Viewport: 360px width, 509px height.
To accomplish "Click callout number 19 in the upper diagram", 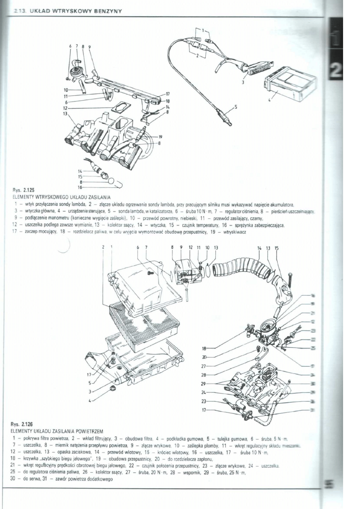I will (x=160, y=136).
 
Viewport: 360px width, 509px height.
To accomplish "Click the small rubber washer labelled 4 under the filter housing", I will (x=113, y=390).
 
